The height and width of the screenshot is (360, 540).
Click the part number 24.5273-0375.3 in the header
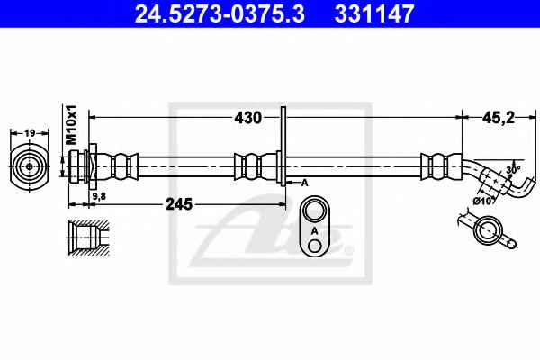coord(220,13)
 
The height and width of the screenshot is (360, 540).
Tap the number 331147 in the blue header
coord(373,13)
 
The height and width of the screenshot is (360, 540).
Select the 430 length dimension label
coord(248,118)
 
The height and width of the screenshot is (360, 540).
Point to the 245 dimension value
coord(179,204)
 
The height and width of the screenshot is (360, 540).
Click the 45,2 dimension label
coord(499,118)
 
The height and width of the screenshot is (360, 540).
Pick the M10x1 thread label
coord(72,125)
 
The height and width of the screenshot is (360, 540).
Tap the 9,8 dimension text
coord(99,196)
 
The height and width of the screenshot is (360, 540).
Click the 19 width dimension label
coord(30,132)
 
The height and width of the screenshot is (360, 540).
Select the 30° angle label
coord(513,169)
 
